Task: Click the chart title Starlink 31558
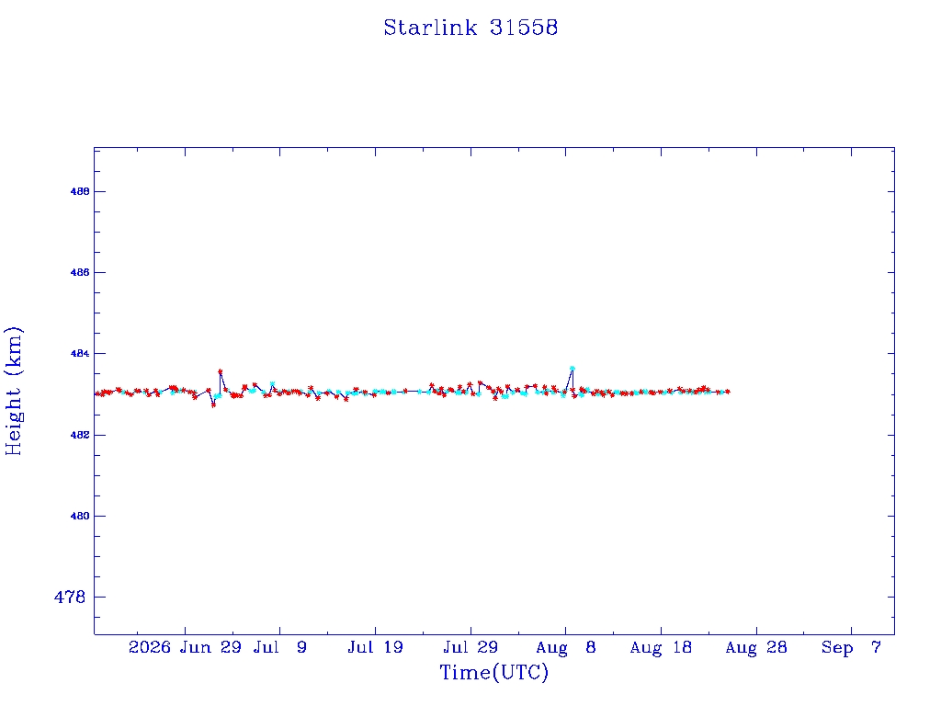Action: [x=470, y=28]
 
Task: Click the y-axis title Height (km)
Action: [x=13, y=391]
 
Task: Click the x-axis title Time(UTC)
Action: [x=493, y=672]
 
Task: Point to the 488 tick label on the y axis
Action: [x=80, y=191]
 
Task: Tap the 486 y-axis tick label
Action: [x=80, y=272]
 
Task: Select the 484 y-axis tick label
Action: [x=80, y=354]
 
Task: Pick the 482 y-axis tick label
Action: [x=80, y=435]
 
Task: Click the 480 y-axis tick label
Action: [x=80, y=516]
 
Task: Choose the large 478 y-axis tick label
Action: [x=70, y=597]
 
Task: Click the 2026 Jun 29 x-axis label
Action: [x=185, y=647]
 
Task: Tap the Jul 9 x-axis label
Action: [x=279, y=647]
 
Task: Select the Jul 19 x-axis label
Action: [x=375, y=647]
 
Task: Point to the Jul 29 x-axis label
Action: [x=470, y=647]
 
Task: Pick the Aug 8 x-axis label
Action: [x=565, y=647]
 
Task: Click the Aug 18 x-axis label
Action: [x=661, y=647]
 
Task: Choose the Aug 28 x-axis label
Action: [x=756, y=647]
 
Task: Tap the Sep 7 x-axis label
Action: [x=851, y=647]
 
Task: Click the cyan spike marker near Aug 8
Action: [x=573, y=369]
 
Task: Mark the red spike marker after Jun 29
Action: [x=221, y=371]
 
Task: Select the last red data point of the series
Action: [x=728, y=392]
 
